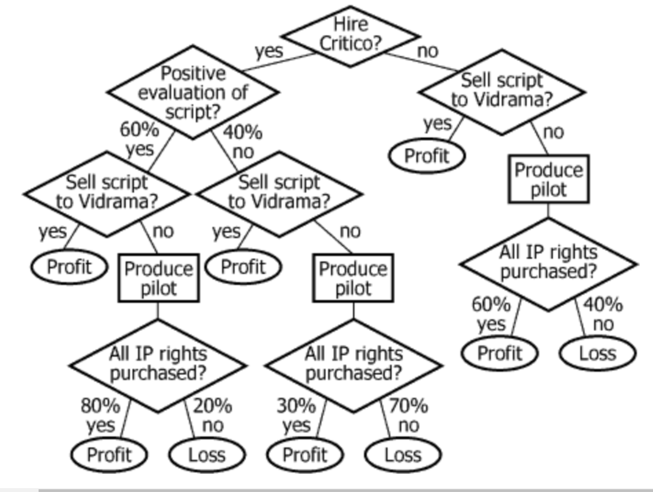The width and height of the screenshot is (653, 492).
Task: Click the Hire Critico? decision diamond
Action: (x=350, y=34)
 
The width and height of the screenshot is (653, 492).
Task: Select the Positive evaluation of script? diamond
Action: (x=192, y=92)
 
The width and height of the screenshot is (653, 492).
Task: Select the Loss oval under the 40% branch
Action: (x=597, y=353)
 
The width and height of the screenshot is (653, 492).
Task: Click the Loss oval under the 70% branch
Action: (x=403, y=455)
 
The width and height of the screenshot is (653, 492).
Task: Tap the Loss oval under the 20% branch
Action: (x=207, y=455)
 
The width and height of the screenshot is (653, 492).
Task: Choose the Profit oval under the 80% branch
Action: (x=109, y=455)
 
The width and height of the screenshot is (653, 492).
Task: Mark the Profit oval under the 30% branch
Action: (x=305, y=455)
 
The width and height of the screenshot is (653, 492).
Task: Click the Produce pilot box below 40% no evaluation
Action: (x=353, y=278)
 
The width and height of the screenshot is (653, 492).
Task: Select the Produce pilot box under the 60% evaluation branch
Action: (x=159, y=278)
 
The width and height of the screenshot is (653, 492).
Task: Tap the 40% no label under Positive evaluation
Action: (x=242, y=142)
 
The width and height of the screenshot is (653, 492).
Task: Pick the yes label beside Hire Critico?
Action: (x=269, y=51)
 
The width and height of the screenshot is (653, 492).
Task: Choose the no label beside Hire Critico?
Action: (x=428, y=51)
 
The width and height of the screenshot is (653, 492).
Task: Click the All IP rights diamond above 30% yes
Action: (x=353, y=364)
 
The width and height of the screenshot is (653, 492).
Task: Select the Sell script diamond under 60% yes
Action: (x=107, y=192)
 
